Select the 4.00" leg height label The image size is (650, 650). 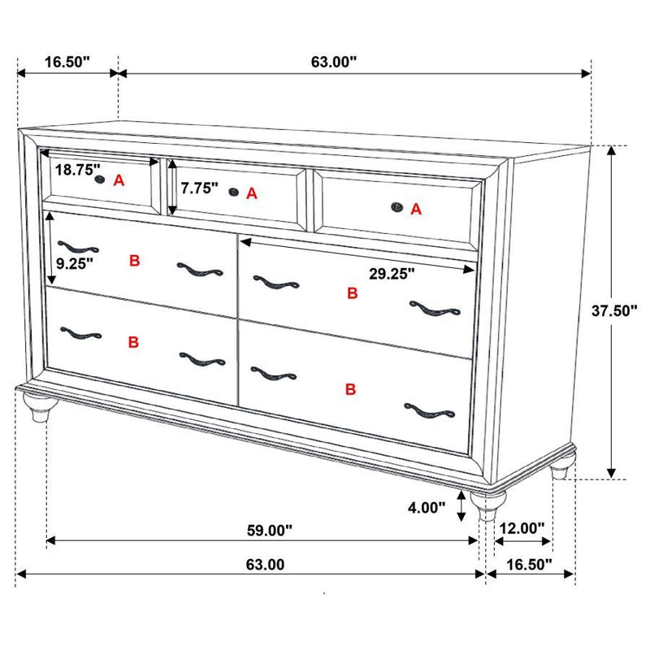pyautogui.click(x=427, y=508)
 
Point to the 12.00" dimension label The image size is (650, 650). pyautogui.click(x=522, y=528)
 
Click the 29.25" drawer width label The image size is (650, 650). pyautogui.click(x=392, y=275)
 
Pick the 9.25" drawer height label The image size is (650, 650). pyautogui.click(x=75, y=262)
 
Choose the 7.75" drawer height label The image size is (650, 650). pyautogui.click(x=200, y=188)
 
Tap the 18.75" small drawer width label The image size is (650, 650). pyautogui.click(x=78, y=170)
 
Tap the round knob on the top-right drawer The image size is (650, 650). pyautogui.click(x=397, y=207)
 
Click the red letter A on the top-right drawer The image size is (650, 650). pyautogui.click(x=416, y=209)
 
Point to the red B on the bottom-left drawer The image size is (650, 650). pyautogui.click(x=133, y=343)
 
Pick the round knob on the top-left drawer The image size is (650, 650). pyautogui.click(x=100, y=179)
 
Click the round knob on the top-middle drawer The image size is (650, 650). pyautogui.click(x=234, y=193)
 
